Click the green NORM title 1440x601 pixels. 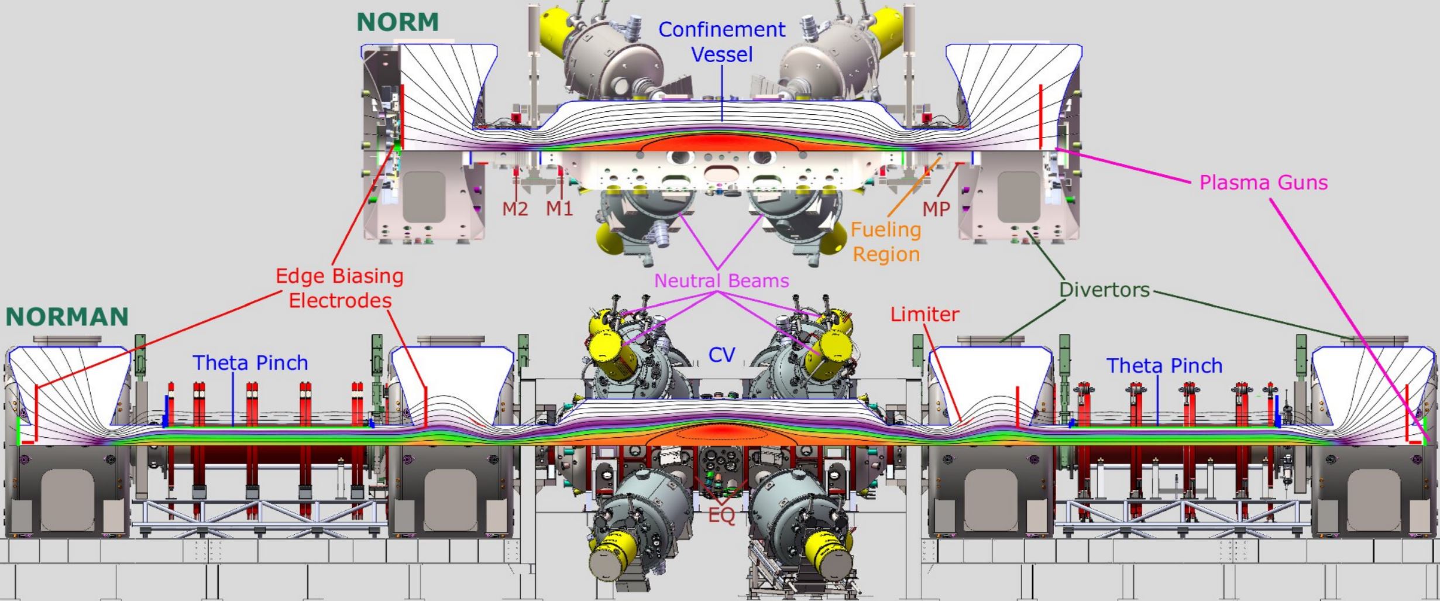397,22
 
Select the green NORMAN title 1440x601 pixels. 67,317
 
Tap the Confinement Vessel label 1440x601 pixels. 721,42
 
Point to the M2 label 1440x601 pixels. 515,208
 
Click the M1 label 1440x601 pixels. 559,208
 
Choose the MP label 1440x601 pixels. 936,208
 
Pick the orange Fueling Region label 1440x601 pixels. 886,242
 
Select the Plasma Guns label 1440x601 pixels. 1263,183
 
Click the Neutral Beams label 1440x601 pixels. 721,281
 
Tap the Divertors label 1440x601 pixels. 1105,290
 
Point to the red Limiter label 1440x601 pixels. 925,314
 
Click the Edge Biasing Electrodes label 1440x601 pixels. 340,288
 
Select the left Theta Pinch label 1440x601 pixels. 250,363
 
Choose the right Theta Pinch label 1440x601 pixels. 1164,366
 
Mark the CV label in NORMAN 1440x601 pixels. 721,355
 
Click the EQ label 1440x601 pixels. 721,516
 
